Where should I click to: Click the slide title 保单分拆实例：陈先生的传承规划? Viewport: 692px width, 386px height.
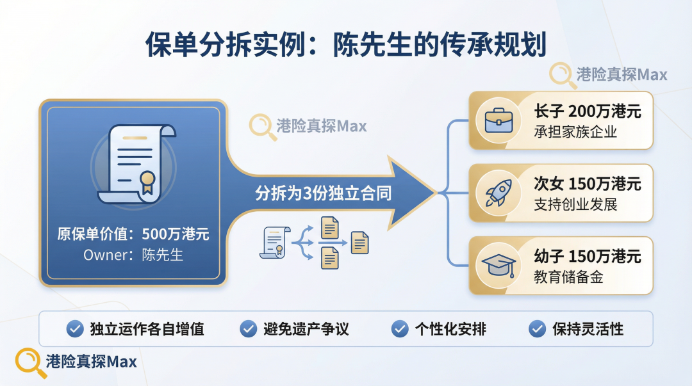click(345, 45)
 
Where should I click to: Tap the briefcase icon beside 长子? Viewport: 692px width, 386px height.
click(497, 120)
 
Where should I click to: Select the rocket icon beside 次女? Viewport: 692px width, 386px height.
click(497, 193)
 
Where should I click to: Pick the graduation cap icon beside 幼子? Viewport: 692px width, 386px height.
click(498, 266)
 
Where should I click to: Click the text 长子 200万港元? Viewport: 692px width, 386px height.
click(587, 111)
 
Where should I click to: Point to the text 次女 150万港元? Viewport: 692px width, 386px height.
click(587, 184)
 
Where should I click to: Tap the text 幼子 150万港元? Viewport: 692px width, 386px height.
click(587, 257)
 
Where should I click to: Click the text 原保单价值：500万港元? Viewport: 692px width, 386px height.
click(133, 234)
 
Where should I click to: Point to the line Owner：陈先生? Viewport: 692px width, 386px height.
click(133, 255)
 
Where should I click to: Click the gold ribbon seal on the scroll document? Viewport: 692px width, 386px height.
click(148, 180)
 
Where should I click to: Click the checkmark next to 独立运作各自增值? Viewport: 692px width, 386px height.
click(75, 329)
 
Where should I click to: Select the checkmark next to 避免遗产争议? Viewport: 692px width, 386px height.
click(248, 329)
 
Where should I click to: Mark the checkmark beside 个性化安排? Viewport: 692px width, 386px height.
click(400, 329)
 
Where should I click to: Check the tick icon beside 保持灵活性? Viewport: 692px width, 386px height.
click(537, 329)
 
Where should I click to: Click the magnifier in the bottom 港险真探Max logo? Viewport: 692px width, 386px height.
click(27, 360)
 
